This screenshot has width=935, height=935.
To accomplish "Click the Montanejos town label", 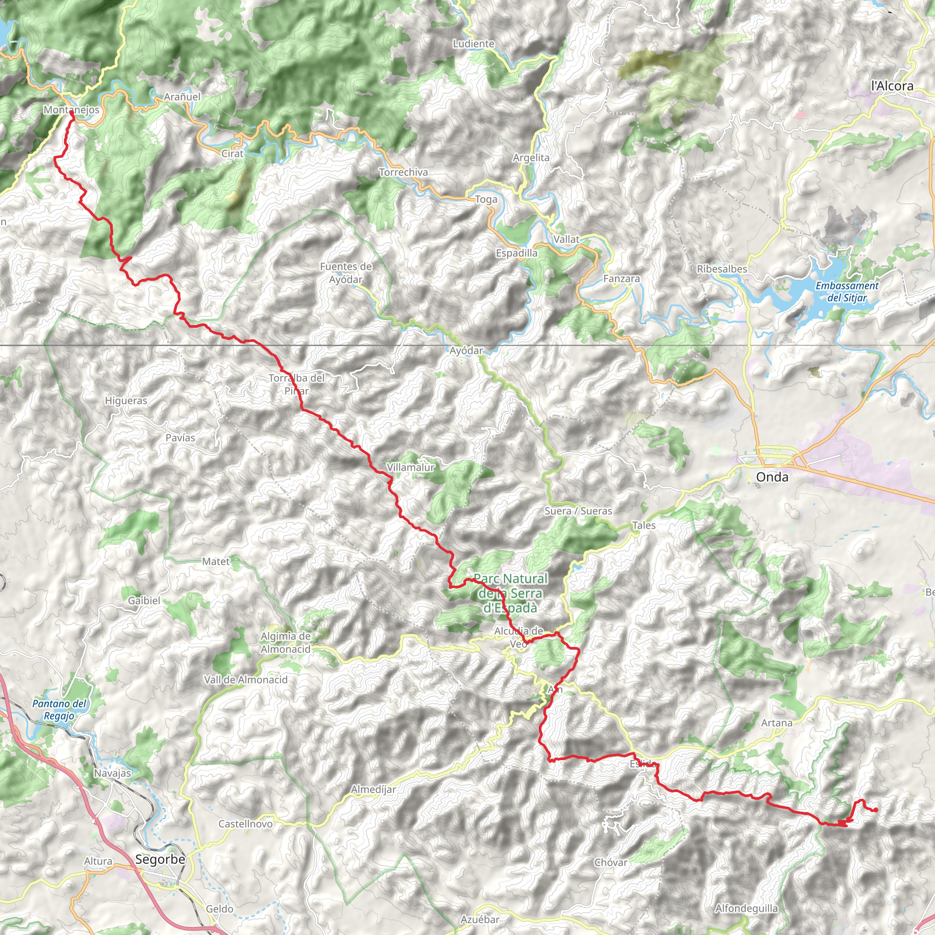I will click(x=72, y=110).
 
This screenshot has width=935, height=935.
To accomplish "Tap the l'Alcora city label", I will click(x=892, y=86).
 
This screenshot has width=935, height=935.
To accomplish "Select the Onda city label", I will click(x=772, y=477).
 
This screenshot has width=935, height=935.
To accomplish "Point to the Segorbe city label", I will click(x=160, y=860).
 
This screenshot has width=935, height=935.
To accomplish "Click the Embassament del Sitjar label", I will click(x=847, y=292).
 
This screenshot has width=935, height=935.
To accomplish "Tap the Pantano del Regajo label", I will click(x=59, y=710).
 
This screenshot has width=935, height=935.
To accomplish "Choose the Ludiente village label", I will click(x=473, y=44).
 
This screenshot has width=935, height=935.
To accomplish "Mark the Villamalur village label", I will click(x=410, y=467).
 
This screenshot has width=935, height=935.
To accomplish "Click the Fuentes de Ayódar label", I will click(x=346, y=273).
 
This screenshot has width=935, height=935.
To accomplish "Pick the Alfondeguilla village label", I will click(x=746, y=909).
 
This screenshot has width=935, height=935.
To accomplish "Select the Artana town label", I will click(x=777, y=723).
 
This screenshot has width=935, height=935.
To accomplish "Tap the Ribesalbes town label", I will click(x=722, y=269).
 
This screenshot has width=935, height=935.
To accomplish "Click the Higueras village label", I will click(x=126, y=401).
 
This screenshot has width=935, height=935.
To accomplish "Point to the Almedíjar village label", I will click(x=373, y=790).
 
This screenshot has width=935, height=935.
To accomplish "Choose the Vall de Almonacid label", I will click(x=246, y=680).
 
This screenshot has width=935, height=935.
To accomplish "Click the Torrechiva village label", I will click(x=403, y=172).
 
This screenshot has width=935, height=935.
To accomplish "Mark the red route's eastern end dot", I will click(x=876, y=810).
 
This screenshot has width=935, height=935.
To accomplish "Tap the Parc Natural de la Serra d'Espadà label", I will click(x=510, y=593).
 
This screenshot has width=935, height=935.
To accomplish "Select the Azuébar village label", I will click(x=480, y=919).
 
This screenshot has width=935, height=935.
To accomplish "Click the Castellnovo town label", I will click(x=245, y=824).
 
